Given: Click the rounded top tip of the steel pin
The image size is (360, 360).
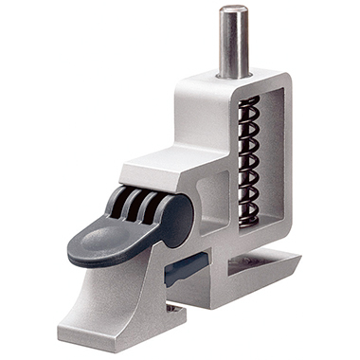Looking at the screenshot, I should click(x=232, y=10).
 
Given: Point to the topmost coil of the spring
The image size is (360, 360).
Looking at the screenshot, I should click(x=248, y=101).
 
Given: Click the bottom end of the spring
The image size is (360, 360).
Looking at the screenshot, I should click(x=247, y=220).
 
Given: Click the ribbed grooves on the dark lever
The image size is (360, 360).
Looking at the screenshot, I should click(x=133, y=203).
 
